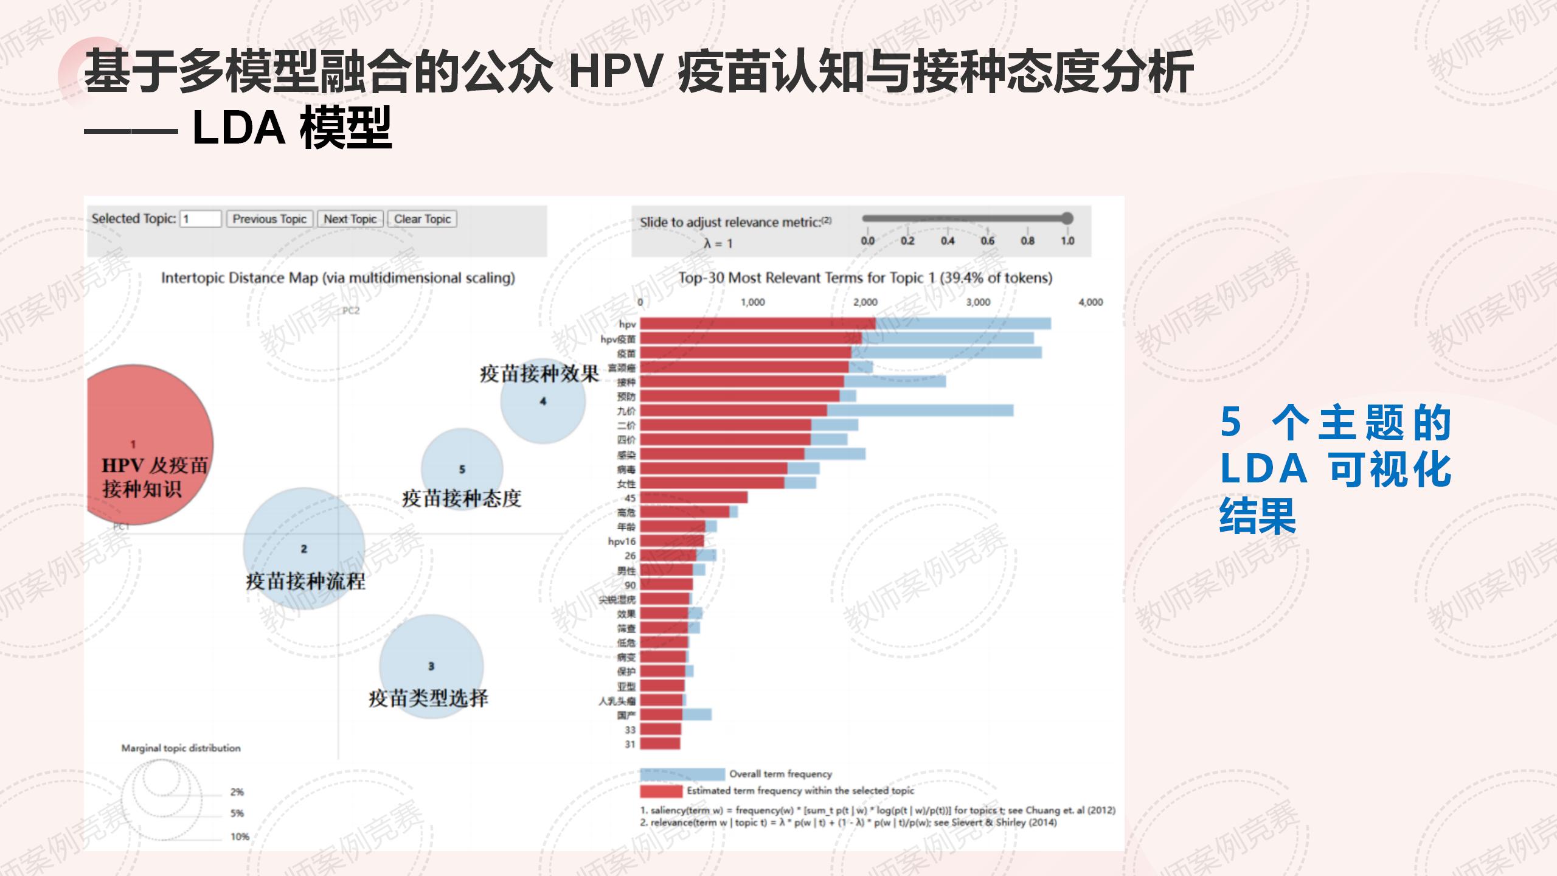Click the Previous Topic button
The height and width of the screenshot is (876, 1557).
click(x=269, y=219)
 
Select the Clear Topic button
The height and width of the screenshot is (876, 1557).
click(x=422, y=219)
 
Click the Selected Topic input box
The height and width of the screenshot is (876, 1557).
click(x=201, y=219)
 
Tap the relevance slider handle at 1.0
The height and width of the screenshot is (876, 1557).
click(x=1067, y=218)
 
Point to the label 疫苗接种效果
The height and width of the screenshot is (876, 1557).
click(x=539, y=374)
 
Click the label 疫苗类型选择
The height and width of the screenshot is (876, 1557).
click(x=428, y=698)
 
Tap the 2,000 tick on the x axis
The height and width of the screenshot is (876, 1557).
click(x=865, y=302)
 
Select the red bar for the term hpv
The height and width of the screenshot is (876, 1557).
click(x=757, y=324)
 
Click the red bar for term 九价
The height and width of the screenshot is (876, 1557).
click(x=733, y=411)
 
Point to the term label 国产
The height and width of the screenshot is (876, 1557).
click(x=626, y=715)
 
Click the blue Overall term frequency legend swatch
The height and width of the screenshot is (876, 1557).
click(x=682, y=774)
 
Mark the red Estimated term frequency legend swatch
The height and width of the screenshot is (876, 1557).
click(x=661, y=791)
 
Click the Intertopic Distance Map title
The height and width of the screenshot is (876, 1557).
click(x=338, y=278)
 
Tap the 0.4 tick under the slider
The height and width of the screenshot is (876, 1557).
click(x=947, y=241)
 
